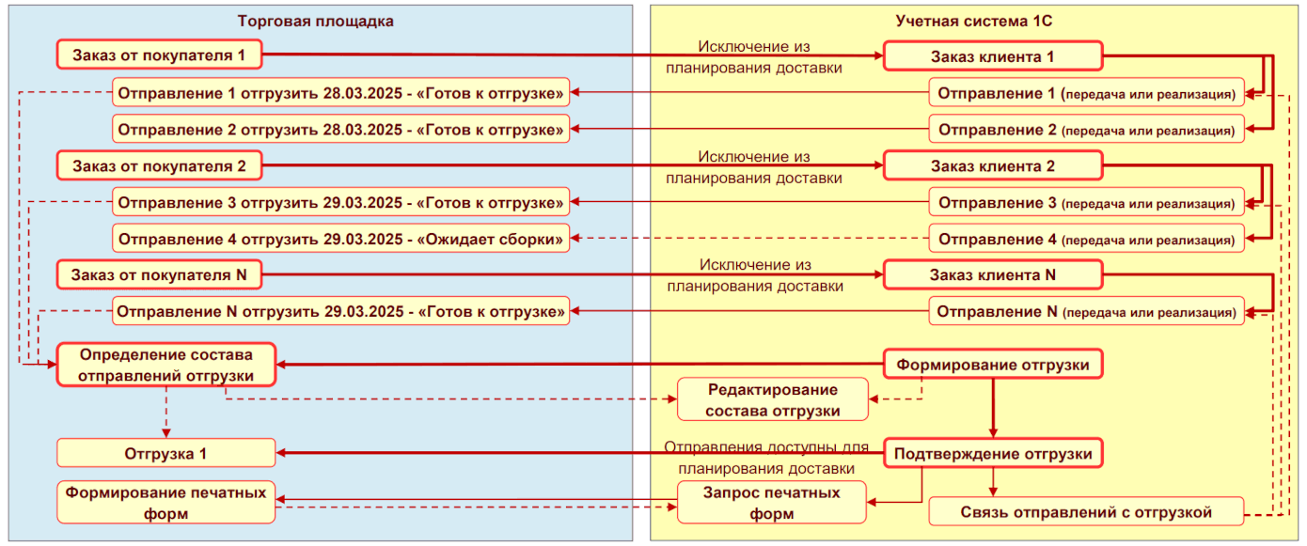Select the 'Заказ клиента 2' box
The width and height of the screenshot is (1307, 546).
click(992, 167)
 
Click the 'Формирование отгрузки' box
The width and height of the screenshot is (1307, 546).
click(992, 365)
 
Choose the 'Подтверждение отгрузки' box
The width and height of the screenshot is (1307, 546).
click(992, 455)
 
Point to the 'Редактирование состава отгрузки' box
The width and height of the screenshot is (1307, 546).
click(772, 399)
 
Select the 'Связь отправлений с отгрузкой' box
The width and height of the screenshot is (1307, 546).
click(1086, 512)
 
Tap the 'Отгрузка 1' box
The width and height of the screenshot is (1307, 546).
click(166, 454)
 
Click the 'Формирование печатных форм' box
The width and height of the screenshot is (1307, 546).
click(166, 503)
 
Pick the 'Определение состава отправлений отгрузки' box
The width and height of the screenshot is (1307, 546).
click(166, 365)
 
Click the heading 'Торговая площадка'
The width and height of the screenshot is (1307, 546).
click(315, 21)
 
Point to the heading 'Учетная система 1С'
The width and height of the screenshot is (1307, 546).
click(978, 21)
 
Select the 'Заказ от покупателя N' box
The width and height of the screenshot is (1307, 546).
click(158, 276)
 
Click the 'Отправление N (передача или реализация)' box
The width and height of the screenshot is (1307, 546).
click(1086, 311)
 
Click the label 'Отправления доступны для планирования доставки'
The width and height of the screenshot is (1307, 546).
click(766, 458)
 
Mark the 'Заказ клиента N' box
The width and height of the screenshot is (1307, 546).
click(992, 275)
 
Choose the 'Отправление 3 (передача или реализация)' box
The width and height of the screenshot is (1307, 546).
click(1086, 203)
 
